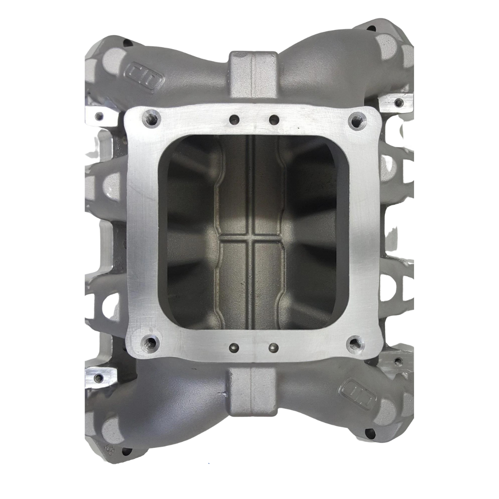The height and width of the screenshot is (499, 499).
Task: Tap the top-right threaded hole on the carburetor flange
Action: [x=355, y=120]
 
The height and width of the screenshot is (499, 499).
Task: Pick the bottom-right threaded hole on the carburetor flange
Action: [x=355, y=342]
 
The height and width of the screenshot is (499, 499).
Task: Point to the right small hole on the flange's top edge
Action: [x=274, y=119]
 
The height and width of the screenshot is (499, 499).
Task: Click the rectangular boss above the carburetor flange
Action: [x=252, y=69]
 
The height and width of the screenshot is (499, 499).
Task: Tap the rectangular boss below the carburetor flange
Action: [x=252, y=390]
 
